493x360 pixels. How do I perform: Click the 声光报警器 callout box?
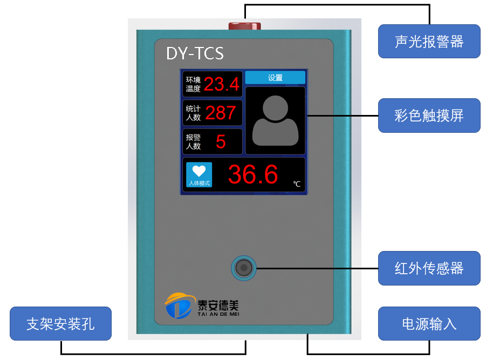coord(429,41)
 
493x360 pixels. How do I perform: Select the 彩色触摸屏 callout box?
coord(429,116)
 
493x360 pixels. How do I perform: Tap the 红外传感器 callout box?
coord(429,268)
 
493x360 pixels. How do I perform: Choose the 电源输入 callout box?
coord(429,323)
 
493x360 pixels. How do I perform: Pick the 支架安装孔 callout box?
coord(61,323)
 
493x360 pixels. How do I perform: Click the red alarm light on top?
coord(245,26)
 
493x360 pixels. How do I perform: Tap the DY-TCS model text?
coord(195,53)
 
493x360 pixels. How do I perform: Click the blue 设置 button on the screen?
coord(275,77)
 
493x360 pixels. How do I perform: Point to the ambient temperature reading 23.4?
coord(222,84)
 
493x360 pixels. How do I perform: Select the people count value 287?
coord(221,113)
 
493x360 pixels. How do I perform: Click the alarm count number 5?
coord(221,141)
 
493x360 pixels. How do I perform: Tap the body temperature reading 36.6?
coord(253,174)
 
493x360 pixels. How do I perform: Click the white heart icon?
coord(199,171)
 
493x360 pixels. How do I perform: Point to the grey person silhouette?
coord(275,120)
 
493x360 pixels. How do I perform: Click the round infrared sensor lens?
coord(244,268)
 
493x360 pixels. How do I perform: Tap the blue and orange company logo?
coord(179,305)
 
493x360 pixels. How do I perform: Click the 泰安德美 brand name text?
coord(218,305)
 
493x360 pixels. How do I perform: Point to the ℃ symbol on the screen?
coord(297,184)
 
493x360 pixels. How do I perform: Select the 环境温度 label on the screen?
coord(193,84)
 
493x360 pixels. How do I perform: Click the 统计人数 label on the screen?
coord(193,113)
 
